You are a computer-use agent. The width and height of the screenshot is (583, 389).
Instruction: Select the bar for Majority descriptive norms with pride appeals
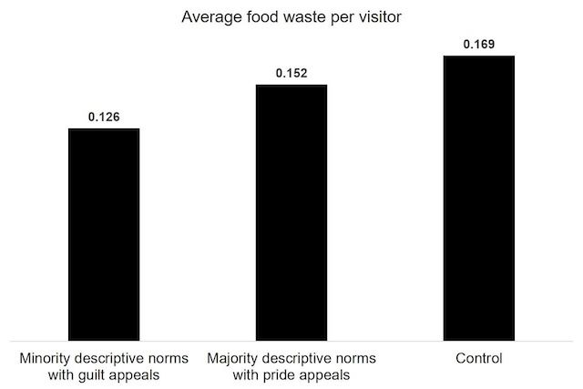291,212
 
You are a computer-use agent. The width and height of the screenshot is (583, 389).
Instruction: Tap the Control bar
479,197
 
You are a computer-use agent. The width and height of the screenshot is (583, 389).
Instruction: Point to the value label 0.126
104,117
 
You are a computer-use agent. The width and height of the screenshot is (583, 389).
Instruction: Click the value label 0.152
291,73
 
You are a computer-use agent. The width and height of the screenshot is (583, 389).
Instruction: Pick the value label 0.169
479,44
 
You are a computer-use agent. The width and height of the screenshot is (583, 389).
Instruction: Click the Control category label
479,358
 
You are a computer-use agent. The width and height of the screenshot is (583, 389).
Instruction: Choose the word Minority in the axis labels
46,358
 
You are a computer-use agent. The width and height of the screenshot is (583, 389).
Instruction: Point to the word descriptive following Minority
113,358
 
